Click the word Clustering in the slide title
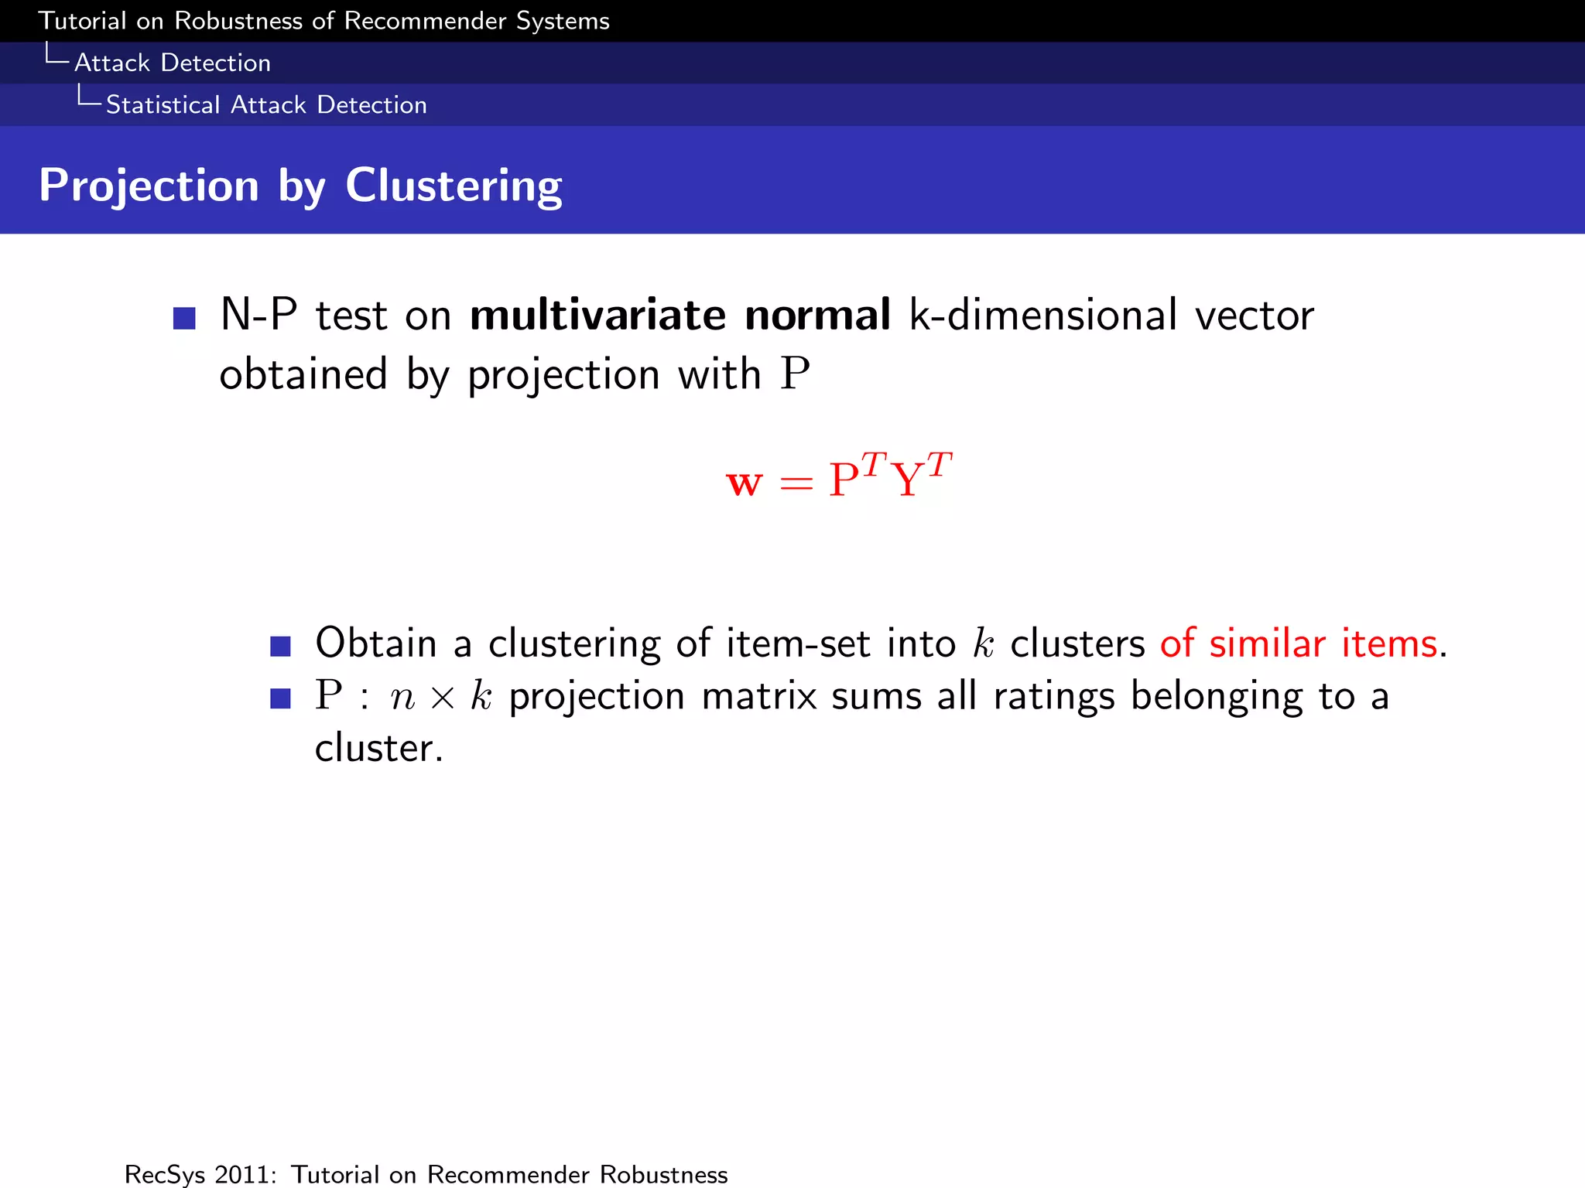pyautogui.click(x=454, y=186)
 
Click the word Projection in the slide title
pyautogui.click(x=149, y=186)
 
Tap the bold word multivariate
pyautogui.click(x=597, y=316)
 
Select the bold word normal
pyautogui.click(x=817, y=316)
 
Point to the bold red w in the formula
pyautogui.click(x=745, y=483)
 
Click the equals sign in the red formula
pyautogui.click(x=796, y=484)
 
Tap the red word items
pyautogui.click(x=1390, y=643)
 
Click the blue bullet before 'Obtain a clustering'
pyautogui.click(x=280, y=646)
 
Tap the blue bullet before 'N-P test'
pyautogui.click(x=184, y=318)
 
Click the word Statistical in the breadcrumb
pyautogui.click(x=163, y=104)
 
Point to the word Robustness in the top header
pyautogui.click(x=238, y=21)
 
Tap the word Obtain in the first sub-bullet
pyautogui.click(x=375, y=643)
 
